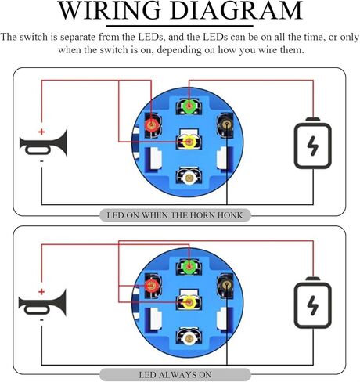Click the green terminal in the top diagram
pyautogui.click(x=189, y=106)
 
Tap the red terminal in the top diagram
pyautogui.click(x=152, y=125)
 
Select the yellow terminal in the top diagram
pyautogui.click(x=189, y=142)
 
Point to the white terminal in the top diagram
pyautogui.click(x=189, y=178)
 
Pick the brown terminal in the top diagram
pyautogui.click(x=227, y=125)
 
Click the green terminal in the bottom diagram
pyautogui.click(x=189, y=266)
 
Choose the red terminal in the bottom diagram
pyautogui.click(x=152, y=286)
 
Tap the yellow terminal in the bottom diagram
pyautogui.click(x=189, y=302)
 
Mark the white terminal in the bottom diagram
pyautogui.click(x=189, y=338)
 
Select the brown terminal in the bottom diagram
pyautogui.click(x=227, y=286)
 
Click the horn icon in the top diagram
pyautogui.click(x=44, y=142)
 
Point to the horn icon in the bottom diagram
pyautogui.click(x=42, y=303)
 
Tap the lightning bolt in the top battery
pyautogui.click(x=313, y=146)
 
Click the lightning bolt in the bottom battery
pyautogui.click(x=313, y=305)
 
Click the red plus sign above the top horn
pyautogui.click(x=41, y=132)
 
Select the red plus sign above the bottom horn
pyautogui.click(x=41, y=292)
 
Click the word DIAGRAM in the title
pyautogui.click(x=236, y=10)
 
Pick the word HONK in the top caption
pyautogui.click(x=230, y=215)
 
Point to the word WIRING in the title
pyautogui.click(x=109, y=10)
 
